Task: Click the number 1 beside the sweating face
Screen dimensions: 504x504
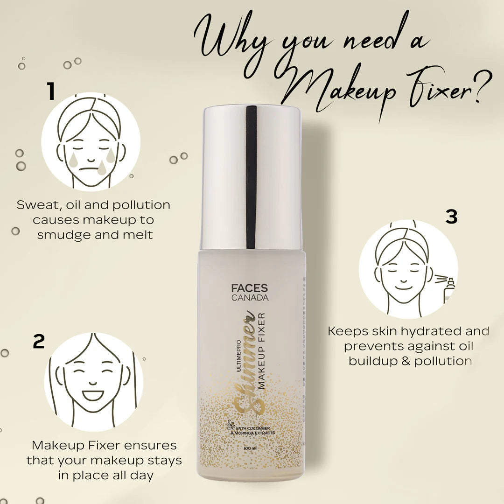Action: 51,91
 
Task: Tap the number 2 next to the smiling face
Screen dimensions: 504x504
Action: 39,342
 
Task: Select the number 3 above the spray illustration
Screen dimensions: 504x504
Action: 451,217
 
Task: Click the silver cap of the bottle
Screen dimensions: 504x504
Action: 252,177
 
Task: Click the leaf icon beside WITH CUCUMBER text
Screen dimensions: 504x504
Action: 230,425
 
